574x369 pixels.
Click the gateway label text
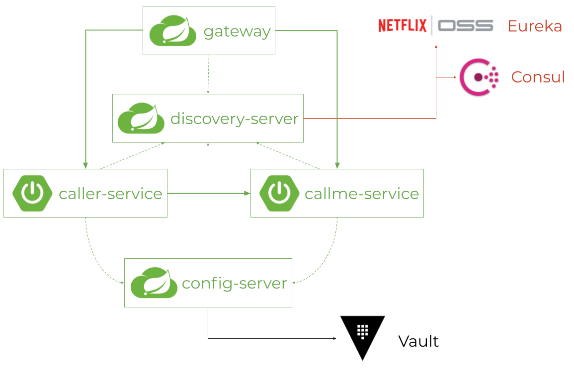click(x=237, y=32)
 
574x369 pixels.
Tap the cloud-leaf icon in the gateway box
click(x=173, y=31)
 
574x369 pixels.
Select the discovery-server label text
click(x=234, y=119)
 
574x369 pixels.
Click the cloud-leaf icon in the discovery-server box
click(x=141, y=118)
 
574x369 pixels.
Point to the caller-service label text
click(x=110, y=194)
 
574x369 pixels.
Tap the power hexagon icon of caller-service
click(x=32, y=193)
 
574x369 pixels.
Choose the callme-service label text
click(x=362, y=194)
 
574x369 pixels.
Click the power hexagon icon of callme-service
click(x=279, y=193)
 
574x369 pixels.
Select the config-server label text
click(x=234, y=284)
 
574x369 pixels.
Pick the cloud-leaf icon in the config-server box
click(x=154, y=283)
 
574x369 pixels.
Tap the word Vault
click(x=418, y=341)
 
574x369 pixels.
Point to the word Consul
click(x=538, y=77)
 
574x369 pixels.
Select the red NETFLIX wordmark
click(x=403, y=26)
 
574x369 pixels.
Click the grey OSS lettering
click(x=466, y=26)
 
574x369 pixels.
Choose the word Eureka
click(x=535, y=26)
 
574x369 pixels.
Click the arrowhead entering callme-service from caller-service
click(x=247, y=194)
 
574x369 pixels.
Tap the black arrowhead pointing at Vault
click(x=334, y=338)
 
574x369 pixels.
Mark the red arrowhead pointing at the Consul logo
click(x=455, y=77)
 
